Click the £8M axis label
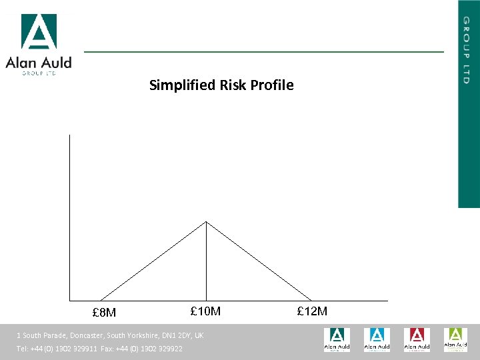click(104, 313)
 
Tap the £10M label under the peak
click(205, 311)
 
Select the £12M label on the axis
click(312, 311)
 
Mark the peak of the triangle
click(206, 222)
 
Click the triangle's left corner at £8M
click(101, 300)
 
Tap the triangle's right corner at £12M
click(311, 300)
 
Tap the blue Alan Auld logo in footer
click(377, 339)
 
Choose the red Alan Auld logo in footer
click(416, 339)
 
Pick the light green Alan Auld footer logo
click(456, 339)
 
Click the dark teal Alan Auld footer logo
click(337, 339)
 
